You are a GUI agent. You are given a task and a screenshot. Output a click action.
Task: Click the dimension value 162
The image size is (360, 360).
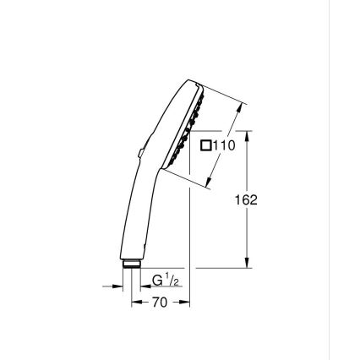pyautogui.click(x=246, y=200)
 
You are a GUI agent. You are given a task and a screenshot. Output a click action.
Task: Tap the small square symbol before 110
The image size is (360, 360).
pyautogui.click(x=205, y=146)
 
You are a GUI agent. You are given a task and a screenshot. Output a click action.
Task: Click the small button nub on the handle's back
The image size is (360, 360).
pyautogui.click(x=138, y=153)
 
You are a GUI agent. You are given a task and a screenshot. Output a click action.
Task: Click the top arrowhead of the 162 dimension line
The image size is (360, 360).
pyautogui.click(x=246, y=134)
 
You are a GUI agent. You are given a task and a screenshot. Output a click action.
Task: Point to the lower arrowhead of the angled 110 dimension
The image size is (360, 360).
pyautogui.click(x=211, y=180)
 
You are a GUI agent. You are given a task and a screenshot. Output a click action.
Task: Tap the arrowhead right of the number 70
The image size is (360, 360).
pyautogui.click(x=184, y=301)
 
